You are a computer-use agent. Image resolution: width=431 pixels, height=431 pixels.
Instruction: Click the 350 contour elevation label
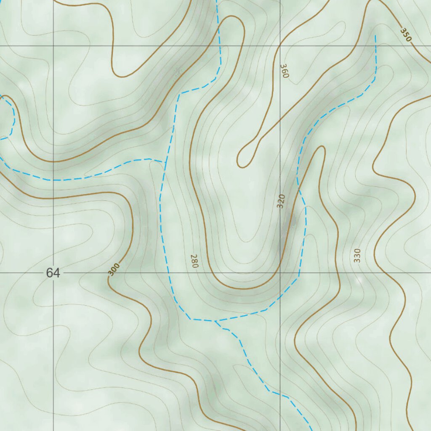[406, 35]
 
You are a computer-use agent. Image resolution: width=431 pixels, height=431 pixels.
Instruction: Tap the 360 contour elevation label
[285, 71]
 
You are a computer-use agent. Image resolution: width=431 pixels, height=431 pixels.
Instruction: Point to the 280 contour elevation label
[194, 261]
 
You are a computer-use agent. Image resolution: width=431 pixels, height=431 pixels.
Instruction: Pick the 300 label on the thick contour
[114, 269]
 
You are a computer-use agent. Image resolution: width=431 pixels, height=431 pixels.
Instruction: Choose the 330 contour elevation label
[357, 255]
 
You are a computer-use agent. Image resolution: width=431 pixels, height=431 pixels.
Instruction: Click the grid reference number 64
[53, 273]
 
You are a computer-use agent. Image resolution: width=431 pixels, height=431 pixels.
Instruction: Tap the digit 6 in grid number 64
[49, 273]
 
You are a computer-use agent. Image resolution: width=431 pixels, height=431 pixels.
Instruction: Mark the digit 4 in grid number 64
[56, 273]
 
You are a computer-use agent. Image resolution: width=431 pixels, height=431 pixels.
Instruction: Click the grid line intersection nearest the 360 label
[280, 45]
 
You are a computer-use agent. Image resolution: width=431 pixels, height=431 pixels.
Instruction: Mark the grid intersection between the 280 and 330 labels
[280, 273]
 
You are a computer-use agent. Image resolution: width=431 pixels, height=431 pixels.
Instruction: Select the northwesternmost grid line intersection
[53, 45]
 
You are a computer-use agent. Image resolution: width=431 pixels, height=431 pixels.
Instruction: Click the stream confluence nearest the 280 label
[215, 321]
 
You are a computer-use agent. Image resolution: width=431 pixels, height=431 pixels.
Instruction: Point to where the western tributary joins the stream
[165, 162]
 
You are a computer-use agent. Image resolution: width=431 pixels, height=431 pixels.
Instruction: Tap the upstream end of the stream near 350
[375, 36]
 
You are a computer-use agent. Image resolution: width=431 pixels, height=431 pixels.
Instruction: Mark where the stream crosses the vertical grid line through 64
[53, 180]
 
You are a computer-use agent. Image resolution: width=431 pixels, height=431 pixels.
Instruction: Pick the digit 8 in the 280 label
[194, 261]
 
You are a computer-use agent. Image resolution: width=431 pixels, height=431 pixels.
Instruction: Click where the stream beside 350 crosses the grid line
[375, 45]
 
